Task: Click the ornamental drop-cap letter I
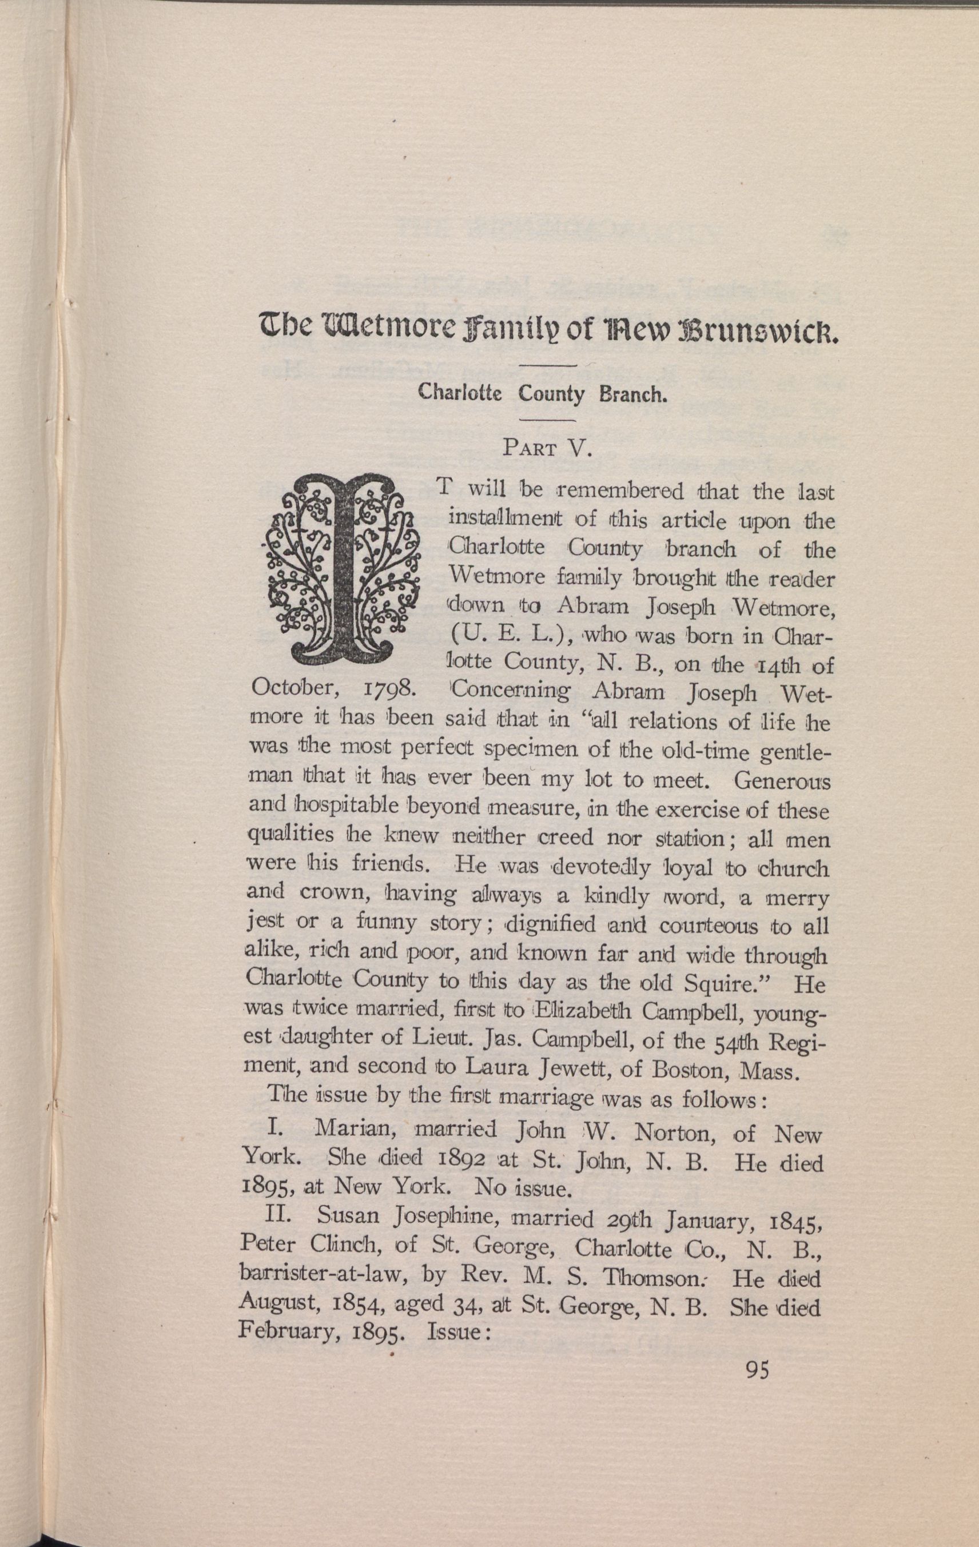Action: [x=341, y=570]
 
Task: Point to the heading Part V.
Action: [x=547, y=448]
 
